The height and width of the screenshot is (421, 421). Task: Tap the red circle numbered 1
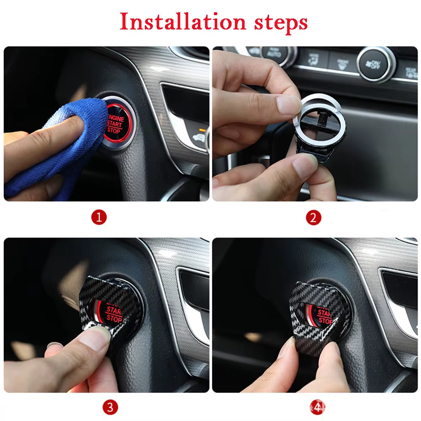(99, 217)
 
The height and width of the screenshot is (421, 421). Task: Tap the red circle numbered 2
(313, 217)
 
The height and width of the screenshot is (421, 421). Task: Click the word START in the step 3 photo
(114, 311)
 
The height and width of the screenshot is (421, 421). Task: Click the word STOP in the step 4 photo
(324, 321)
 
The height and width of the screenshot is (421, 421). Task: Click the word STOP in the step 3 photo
(113, 319)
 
